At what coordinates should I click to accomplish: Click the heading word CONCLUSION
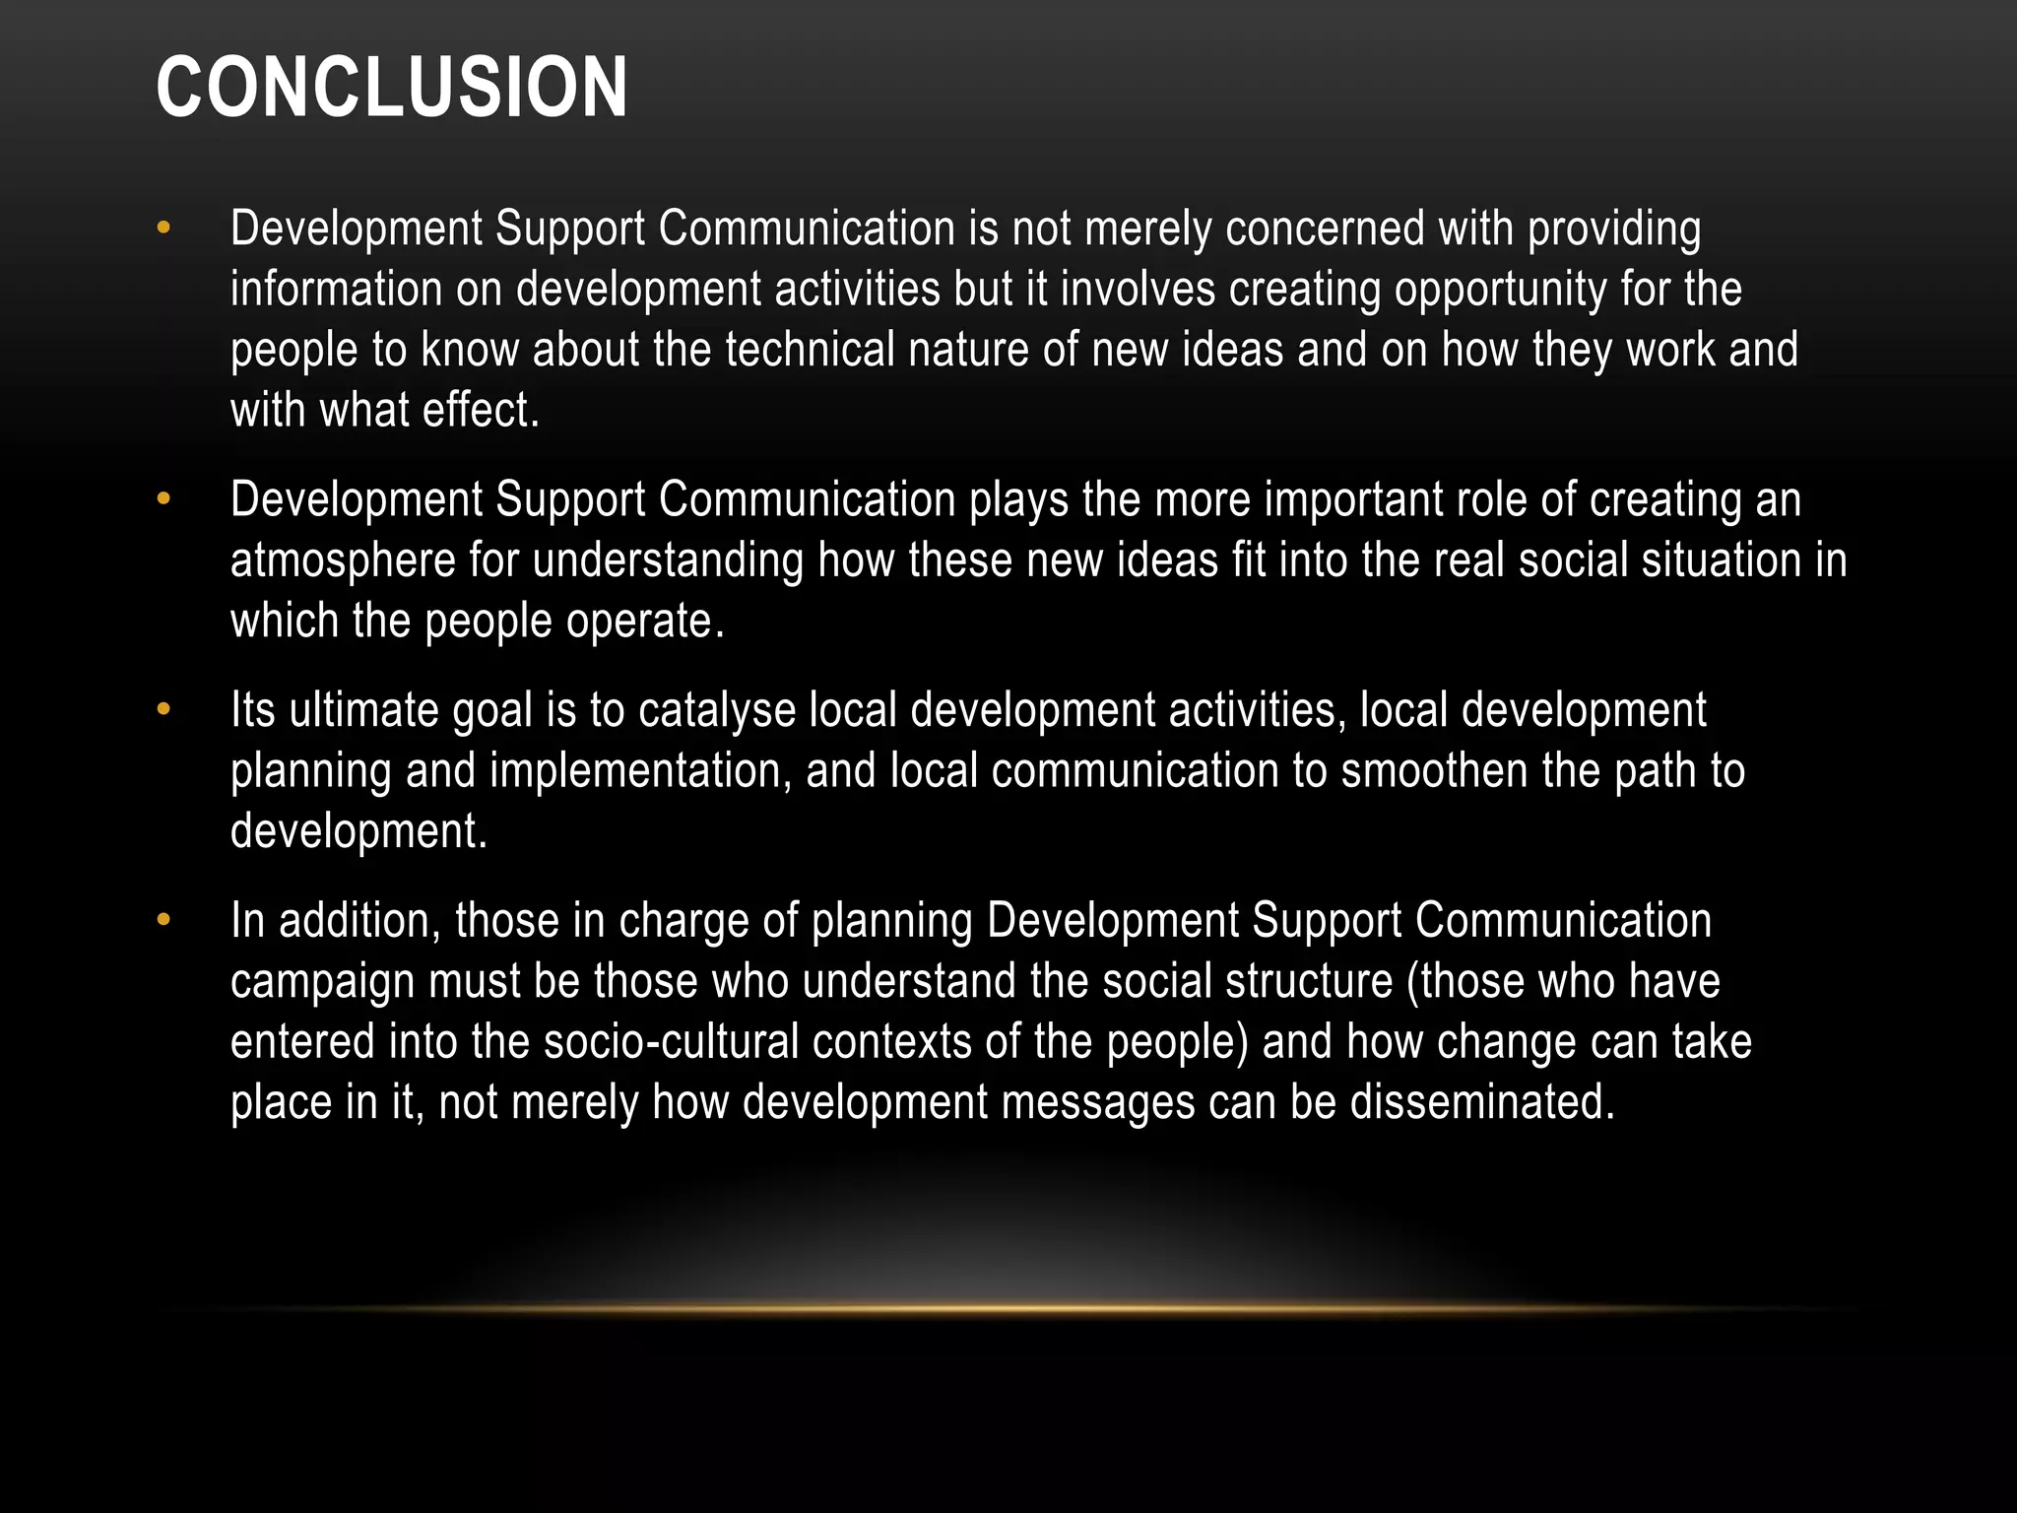(391, 88)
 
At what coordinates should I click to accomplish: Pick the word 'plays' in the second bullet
(1018, 500)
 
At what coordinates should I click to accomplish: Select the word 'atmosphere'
(343, 561)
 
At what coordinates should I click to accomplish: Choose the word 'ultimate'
(363, 710)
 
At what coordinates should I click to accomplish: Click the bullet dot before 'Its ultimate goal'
(163, 709)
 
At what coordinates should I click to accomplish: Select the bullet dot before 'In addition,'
(163, 921)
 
